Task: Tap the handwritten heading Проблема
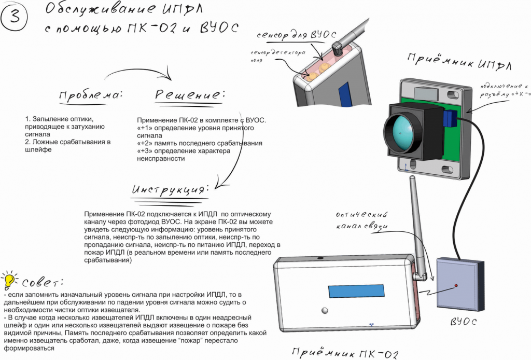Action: [91, 96]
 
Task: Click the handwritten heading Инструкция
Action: [171, 190]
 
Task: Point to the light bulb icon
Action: [9, 281]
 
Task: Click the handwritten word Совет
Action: [41, 283]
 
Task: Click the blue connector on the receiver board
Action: [450, 119]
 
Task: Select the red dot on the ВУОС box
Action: [456, 286]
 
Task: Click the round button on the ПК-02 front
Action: [325, 311]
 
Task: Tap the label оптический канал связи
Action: [362, 219]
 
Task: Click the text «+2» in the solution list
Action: [142, 143]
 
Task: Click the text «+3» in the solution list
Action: [142, 150]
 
